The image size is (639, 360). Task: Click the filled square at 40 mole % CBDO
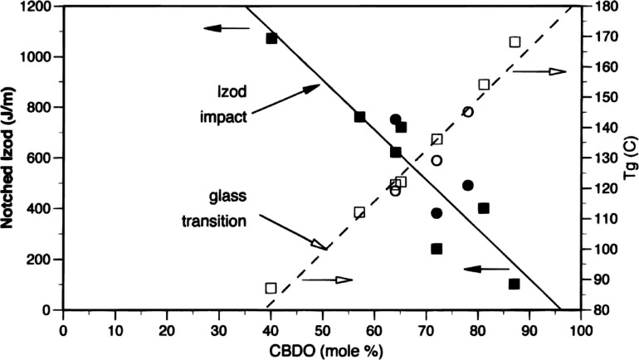(271, 38)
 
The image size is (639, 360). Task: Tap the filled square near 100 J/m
(514, 284)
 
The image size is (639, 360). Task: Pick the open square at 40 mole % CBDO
(271, 288)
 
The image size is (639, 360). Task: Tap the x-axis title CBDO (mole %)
(322, 349)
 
